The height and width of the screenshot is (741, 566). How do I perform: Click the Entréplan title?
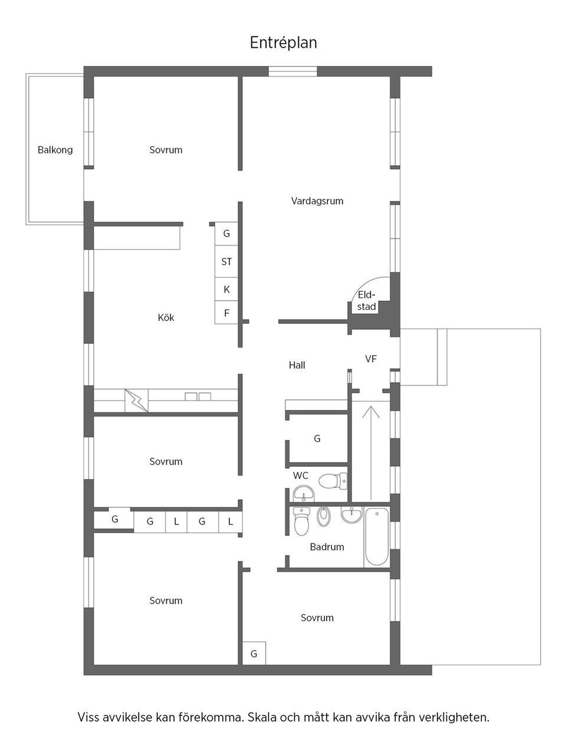point(283,43)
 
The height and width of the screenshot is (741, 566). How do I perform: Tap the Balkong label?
point(55,150)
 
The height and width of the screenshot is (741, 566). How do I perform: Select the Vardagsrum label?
point(317,201)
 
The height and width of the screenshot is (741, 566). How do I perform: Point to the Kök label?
point(166,318)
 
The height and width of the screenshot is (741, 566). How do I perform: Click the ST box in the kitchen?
point(226,261)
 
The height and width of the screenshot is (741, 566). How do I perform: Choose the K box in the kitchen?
point(226,290)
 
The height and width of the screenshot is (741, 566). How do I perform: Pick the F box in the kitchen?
point(226,313)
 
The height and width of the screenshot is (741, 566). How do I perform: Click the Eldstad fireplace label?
point(366,300)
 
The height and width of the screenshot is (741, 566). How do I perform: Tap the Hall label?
point(297,366)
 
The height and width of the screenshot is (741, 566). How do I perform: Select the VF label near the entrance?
point(371,359)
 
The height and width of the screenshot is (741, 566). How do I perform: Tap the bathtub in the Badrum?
point(376,537)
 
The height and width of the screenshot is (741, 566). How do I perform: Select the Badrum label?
point(327,547)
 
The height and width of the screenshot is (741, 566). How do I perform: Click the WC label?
point(301,476)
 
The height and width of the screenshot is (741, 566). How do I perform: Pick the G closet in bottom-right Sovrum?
point(254,654)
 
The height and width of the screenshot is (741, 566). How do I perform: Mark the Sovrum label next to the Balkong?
point(166,150)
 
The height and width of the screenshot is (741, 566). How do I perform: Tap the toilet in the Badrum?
point(302,521)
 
